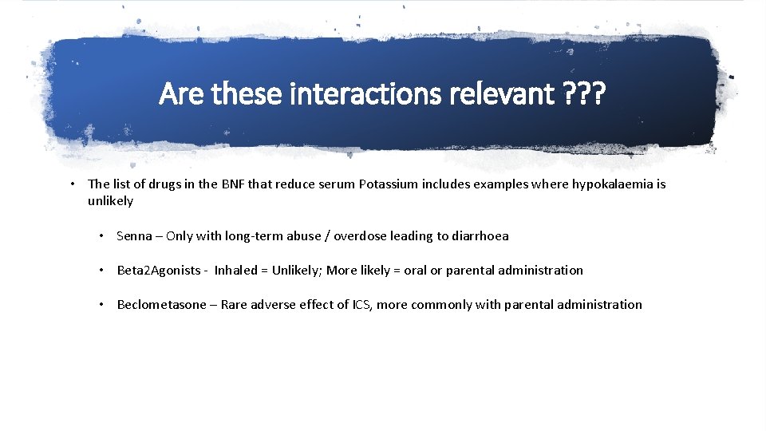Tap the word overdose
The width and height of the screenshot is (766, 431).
360,236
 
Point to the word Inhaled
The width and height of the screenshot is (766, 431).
238,271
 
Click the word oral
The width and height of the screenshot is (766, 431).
415,271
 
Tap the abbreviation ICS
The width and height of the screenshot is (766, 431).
361,305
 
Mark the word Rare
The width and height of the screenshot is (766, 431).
235,305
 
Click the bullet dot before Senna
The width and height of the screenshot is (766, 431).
102,236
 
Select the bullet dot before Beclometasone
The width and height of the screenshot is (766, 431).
102,305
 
